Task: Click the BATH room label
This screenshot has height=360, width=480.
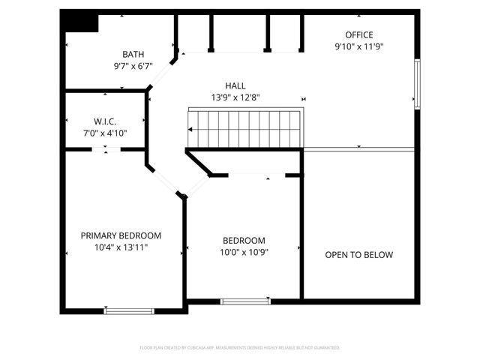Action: coord(133,54)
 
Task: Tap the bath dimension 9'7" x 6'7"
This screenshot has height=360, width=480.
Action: coord(133,65)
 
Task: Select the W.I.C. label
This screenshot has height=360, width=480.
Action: coord(105,121)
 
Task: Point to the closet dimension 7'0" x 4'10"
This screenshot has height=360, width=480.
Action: coord(105,133)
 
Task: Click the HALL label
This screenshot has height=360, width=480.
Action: coord(235,85)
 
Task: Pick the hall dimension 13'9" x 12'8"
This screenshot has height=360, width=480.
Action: coord(235,97)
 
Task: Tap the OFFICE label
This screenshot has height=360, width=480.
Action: coord(358,34)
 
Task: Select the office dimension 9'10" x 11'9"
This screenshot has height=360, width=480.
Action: coord(358,46)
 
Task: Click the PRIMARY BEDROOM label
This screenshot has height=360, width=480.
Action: coord(121,235)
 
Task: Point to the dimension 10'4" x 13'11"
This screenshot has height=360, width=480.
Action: coord(121,247)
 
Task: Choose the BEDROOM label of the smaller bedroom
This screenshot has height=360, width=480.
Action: coord(244,241)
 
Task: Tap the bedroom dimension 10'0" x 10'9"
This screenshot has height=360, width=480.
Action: coord(244,252)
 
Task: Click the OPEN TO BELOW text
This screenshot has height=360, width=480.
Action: coord(358,255)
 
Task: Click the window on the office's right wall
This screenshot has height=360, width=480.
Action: coord(417,84)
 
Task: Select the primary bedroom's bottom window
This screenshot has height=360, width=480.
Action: coord(129,310)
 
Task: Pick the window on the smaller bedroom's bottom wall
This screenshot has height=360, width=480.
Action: coord(244,301)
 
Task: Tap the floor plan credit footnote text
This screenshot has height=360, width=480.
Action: coord(240,348)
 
